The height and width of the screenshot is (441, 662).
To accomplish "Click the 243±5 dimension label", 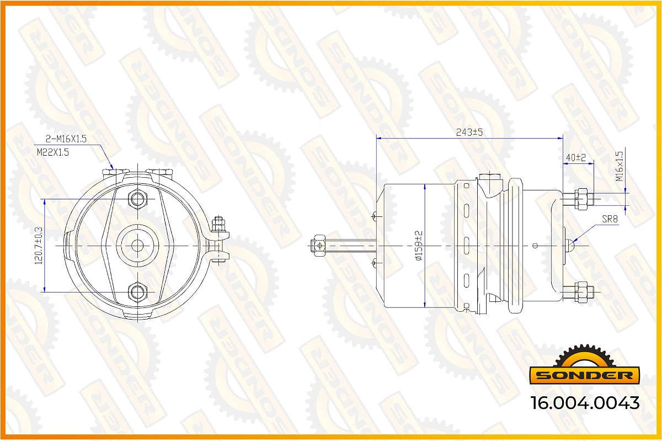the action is click(x=469, y=132).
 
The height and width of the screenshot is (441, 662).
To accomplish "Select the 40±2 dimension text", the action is click(x=575, y=157).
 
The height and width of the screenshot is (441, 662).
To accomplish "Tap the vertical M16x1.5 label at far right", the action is click(x=619, y=166).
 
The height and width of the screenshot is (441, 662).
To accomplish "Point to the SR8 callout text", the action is click(x=610, y=219).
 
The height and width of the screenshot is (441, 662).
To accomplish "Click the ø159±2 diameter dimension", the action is click(x=419, y=246).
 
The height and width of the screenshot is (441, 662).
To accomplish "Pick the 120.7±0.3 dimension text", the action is click(x=39, y=246).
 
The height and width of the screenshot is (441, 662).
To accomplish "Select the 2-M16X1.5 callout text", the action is click(x=66, y=139).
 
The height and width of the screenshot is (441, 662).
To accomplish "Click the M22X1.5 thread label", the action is click(x=52, y=152).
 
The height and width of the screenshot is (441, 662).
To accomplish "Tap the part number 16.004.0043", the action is click(x=585, y=403).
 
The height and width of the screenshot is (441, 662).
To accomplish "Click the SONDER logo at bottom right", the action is click(x=584, y=366).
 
